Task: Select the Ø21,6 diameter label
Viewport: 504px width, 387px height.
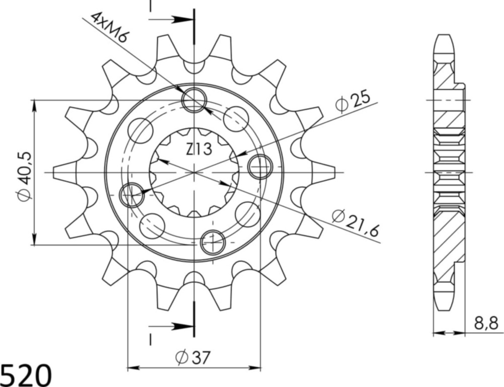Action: click(355, 221)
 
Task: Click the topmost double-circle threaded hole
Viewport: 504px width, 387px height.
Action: click(194, 100)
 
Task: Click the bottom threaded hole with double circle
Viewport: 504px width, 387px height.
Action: click(212, 243)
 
